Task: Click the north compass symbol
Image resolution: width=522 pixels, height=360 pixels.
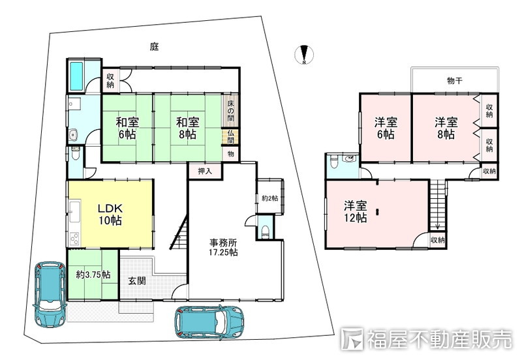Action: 303,54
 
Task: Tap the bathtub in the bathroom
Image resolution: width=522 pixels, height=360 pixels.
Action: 76,76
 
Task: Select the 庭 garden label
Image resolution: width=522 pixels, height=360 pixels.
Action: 154,46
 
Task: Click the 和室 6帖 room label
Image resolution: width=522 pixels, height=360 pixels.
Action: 127,128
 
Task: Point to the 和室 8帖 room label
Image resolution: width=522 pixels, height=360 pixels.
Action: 188,128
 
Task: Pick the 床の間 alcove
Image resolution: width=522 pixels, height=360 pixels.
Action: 230,111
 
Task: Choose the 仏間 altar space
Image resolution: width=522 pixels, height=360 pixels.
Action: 230,136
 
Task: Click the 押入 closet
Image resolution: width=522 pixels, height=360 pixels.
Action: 205,171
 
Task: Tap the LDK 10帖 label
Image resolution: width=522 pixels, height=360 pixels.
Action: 110,215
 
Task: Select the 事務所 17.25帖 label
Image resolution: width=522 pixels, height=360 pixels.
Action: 223,247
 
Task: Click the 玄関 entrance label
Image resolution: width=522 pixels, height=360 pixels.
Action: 137,281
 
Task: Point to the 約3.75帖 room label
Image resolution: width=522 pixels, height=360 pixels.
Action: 93,275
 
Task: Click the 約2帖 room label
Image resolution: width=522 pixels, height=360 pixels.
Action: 269,198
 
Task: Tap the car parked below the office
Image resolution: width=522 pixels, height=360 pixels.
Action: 209,322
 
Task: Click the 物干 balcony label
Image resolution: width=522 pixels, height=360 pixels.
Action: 454,80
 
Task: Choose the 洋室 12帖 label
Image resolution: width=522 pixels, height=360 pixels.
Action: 356,211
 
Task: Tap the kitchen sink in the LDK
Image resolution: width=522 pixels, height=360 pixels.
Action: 74,212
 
